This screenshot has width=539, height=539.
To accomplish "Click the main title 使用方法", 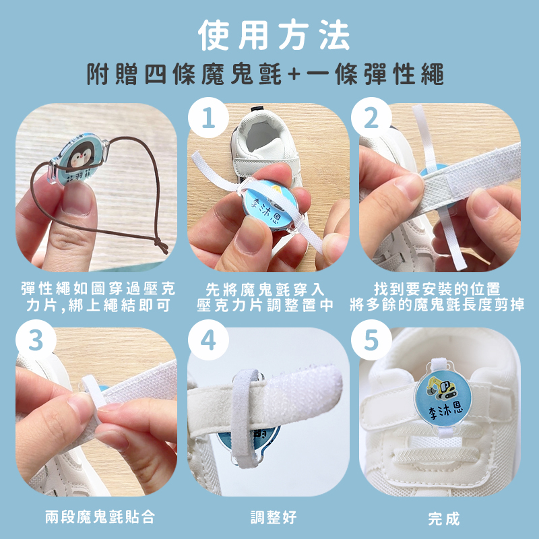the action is pyautogui.click(x=274, y=35).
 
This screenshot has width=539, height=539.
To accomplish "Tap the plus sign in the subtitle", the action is pyautogui.click(x=294, y=74).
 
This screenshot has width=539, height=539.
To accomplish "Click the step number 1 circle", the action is pyautogui.click(x=208, y=117).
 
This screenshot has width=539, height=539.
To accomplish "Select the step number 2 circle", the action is pyautogui.click(x=371, y=117).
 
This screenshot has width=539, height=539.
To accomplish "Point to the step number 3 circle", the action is pyautogui.click(x=36, y=340).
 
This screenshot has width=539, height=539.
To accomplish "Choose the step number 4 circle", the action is pyautogui.click(x=208, y=340).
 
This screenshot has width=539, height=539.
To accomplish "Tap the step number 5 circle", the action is pyautogui.click(x=371, y=340).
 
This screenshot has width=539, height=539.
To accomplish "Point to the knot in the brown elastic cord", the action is pyautogui.click(x=161, y=245).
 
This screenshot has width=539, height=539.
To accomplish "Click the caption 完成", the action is pyautogui.click(x=444, y=519).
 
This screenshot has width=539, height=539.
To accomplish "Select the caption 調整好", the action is pyautogui.click(x=274, y=517).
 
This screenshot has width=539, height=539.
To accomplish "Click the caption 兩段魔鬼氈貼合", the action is pyautogui.click(x=100, y=517).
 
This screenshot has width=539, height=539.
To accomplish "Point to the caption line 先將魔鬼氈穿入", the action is pyautogui.click(x=265, y=290).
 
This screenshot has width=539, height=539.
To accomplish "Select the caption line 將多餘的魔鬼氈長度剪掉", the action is pyautogui.click(x=437, y=305).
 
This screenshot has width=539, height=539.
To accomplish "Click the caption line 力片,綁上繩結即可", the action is pyautogui.click(x=98, y=305).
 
